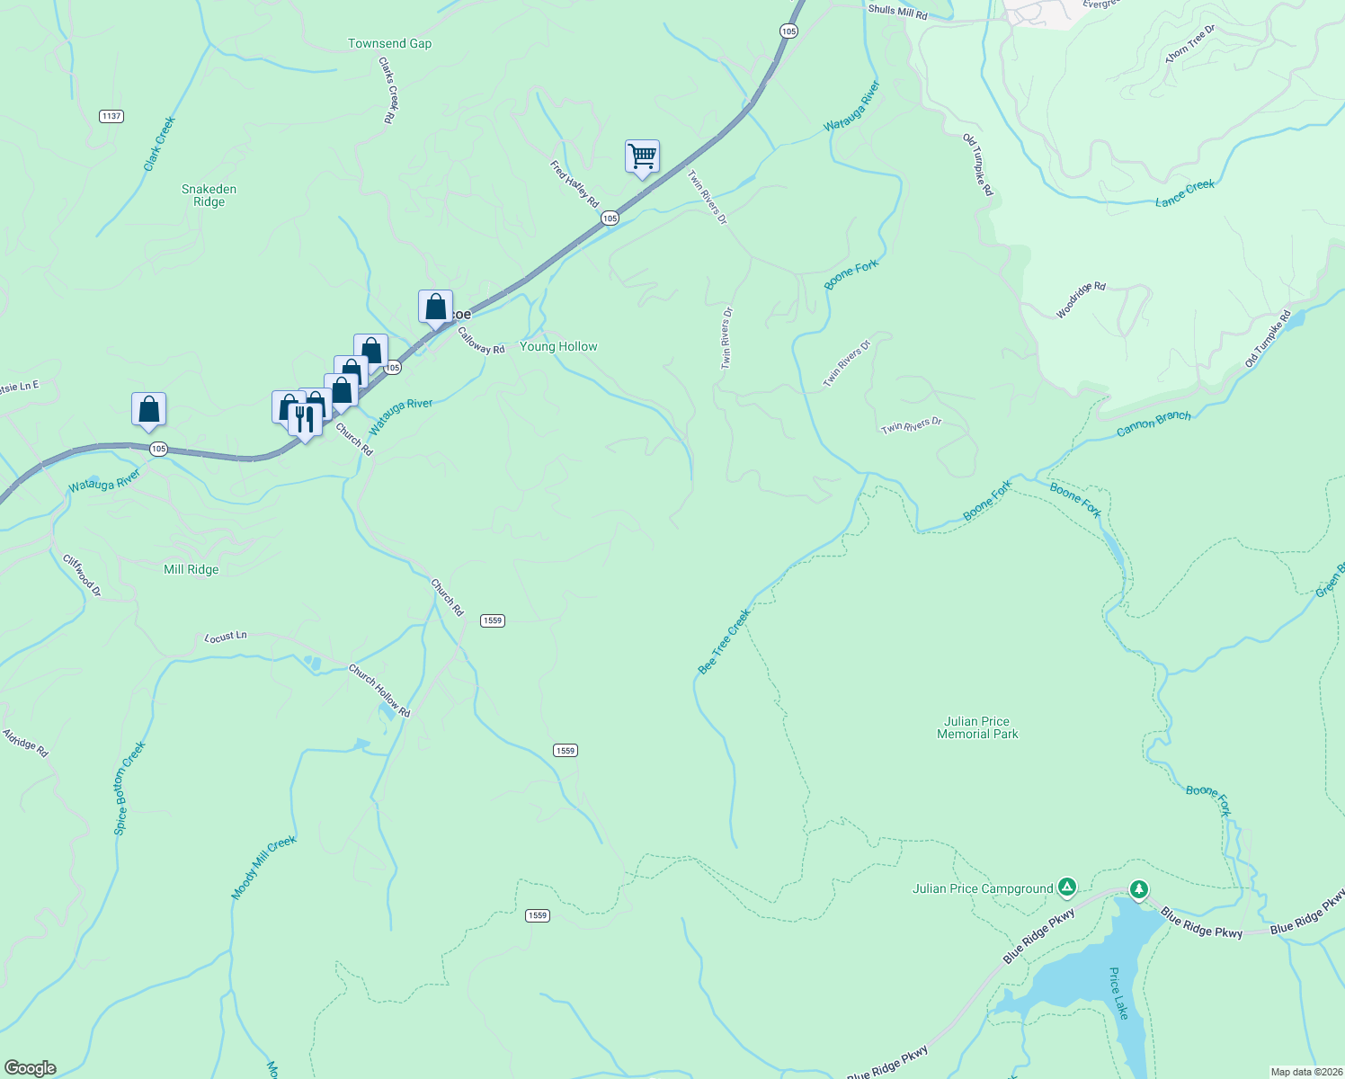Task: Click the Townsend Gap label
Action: coord(389,43)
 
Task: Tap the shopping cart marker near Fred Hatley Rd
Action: coord(642,156)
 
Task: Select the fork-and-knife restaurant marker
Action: coord(305,420)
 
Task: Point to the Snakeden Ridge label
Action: coord(209,195)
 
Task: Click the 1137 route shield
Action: coord(111,116)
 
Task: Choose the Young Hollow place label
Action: coord(558,346)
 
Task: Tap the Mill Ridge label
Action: coord(191,569)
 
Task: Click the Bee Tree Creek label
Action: coord(724,642)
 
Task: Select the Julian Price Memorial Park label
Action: coord(977,727)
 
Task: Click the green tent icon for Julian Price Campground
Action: coord(1066,888)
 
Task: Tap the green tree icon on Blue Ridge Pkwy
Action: coord(1138,889)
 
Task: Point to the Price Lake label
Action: coord(1118,993)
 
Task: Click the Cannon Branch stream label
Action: coord(1153,424)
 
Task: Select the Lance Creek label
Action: coord(1184,193)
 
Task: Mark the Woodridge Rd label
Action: coord(1080,300)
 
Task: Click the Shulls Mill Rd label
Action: coord(896,11)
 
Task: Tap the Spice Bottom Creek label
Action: coord(129,789)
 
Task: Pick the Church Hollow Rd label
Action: coord(379,691)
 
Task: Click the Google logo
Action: coord(30,1068)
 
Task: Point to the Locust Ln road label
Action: coord(225,637)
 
